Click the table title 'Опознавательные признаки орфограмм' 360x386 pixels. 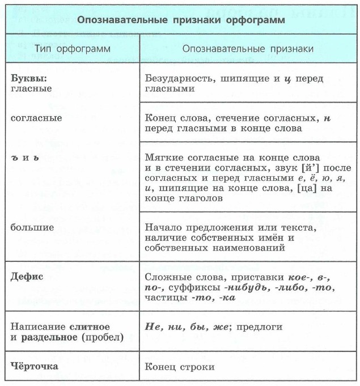coord(181,20)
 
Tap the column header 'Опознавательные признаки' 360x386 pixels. coord(248,49)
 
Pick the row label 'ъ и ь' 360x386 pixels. coord(25,157)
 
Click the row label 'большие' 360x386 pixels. coord(32,228)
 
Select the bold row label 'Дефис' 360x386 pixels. coord(27,278)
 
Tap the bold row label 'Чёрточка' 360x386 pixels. coord(35,366)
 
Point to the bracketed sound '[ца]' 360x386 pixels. coord(308,188)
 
